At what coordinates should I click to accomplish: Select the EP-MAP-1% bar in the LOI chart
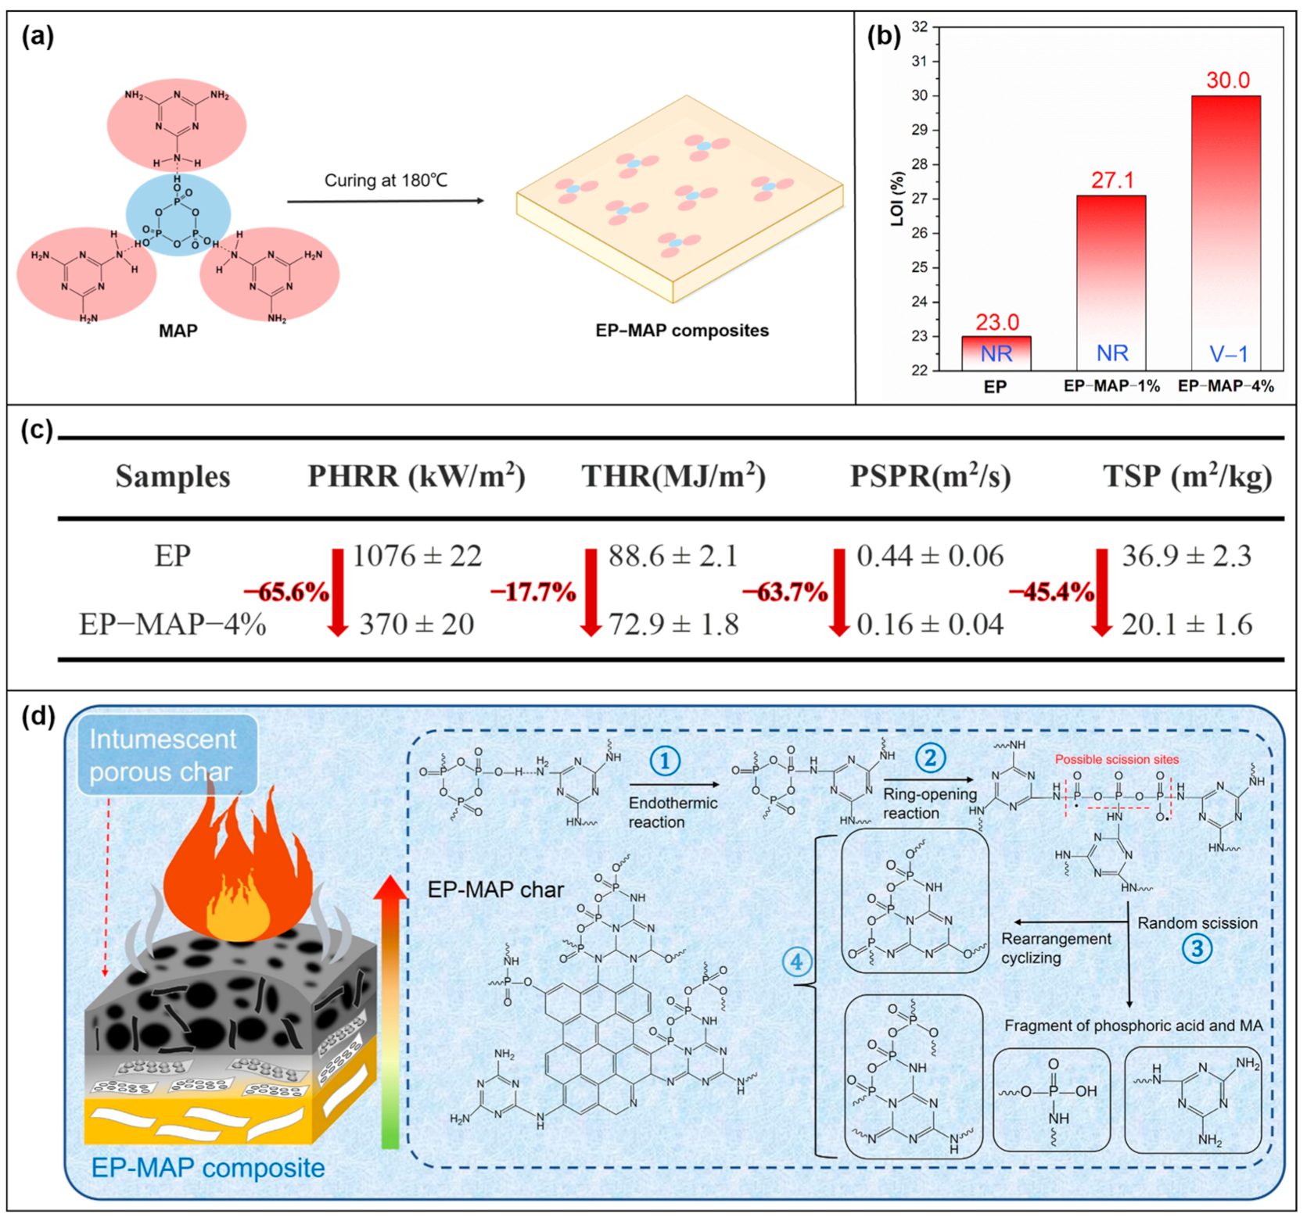(1111, 282)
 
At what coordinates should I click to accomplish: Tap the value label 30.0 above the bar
(1227, 80)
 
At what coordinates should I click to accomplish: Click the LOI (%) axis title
(897, 199)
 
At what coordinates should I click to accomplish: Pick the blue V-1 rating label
(1228, 354)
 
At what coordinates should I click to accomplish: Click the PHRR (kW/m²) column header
(416, 476)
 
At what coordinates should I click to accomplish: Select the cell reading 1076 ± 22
(417, 556)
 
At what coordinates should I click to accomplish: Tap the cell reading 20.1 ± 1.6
(1187, 624)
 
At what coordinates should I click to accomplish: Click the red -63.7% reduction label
(785, 592)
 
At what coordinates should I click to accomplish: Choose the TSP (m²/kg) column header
(1187, 476)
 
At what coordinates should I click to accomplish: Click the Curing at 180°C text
(386, 181)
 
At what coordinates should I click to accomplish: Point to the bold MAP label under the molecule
(178, 331)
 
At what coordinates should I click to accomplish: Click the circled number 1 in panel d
(665, 761)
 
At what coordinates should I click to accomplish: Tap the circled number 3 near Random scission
(1197, 949)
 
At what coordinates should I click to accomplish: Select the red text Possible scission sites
(1116, 759)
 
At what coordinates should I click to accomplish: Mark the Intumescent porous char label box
(167, 754)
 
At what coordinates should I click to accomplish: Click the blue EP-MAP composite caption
(208, 1167)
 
